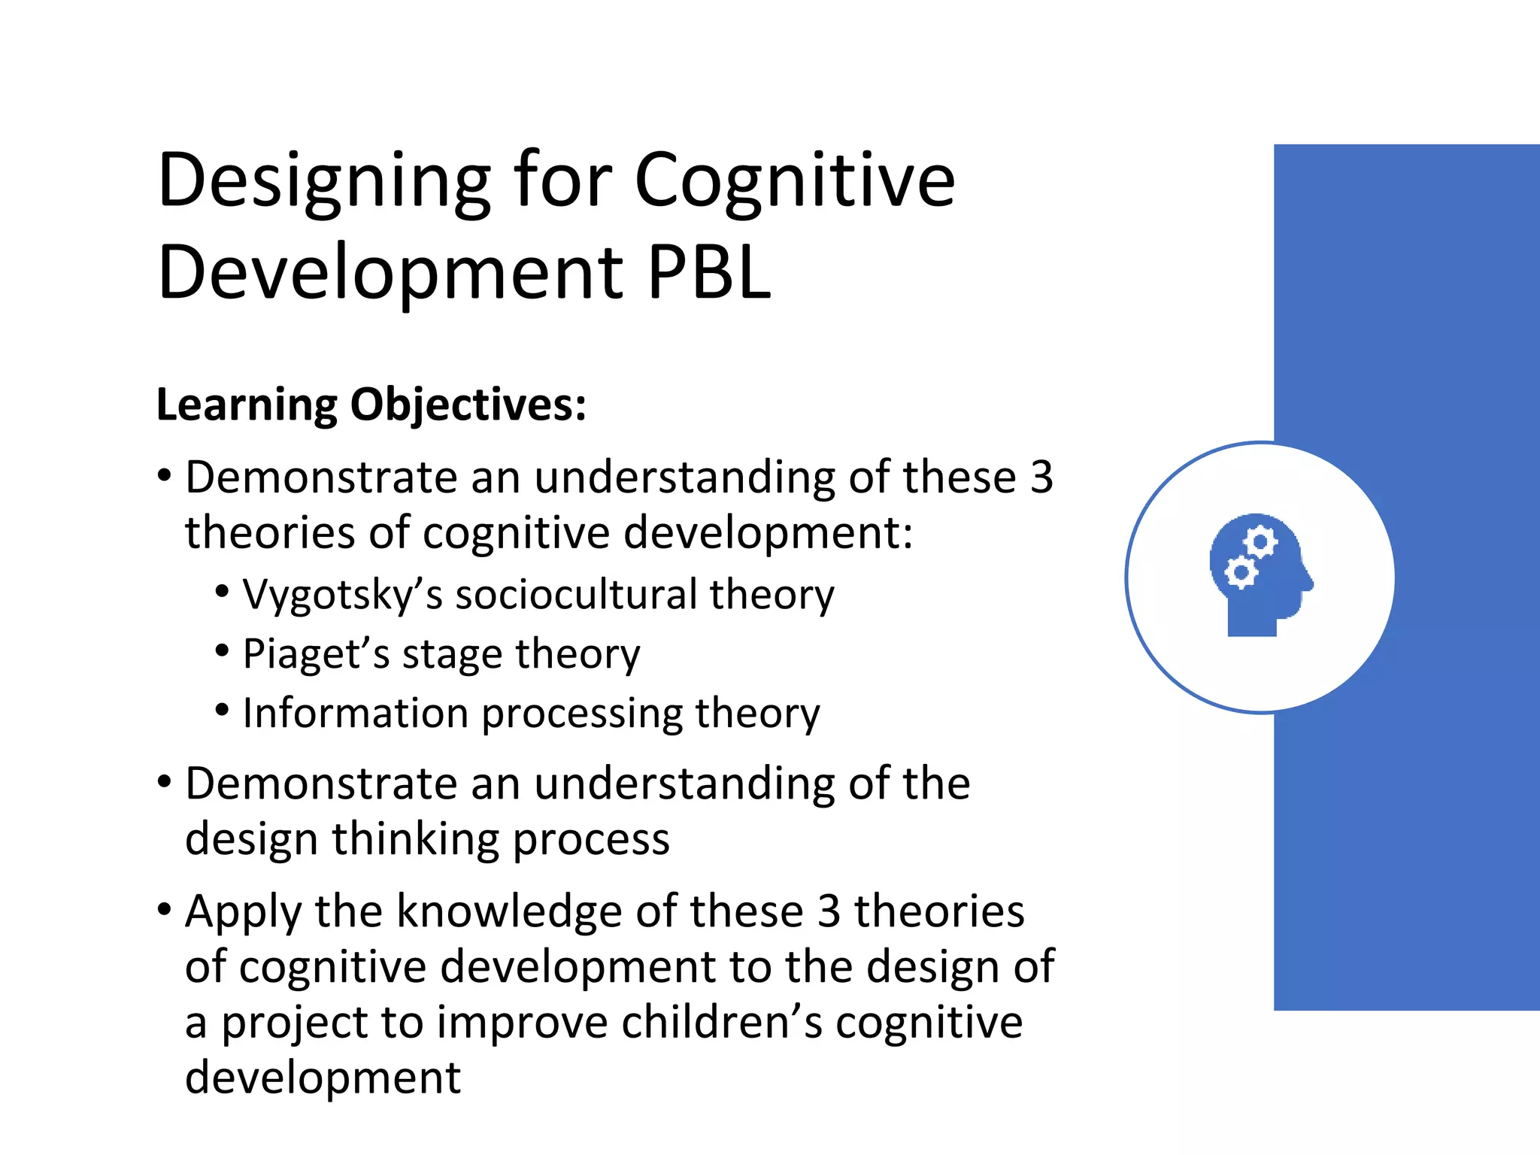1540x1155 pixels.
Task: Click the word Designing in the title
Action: click(x=323, y=182)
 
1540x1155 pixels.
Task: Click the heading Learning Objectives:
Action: click(x=371, y=405)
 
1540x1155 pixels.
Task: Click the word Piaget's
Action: click(x=316, y=654)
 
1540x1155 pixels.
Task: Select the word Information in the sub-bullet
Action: click(x=355, y=713)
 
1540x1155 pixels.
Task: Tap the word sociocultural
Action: click(x=576, y=594)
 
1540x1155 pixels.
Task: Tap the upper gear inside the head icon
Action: click(x=1261, y=542)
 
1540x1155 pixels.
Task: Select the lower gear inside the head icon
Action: click(x=1240, y=573)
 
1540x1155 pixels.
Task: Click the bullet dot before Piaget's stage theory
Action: click(x=222, y=651)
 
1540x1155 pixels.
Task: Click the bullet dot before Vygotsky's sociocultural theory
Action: click(x=222, y=592)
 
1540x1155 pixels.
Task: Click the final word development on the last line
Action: click(x=323, y=1078)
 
